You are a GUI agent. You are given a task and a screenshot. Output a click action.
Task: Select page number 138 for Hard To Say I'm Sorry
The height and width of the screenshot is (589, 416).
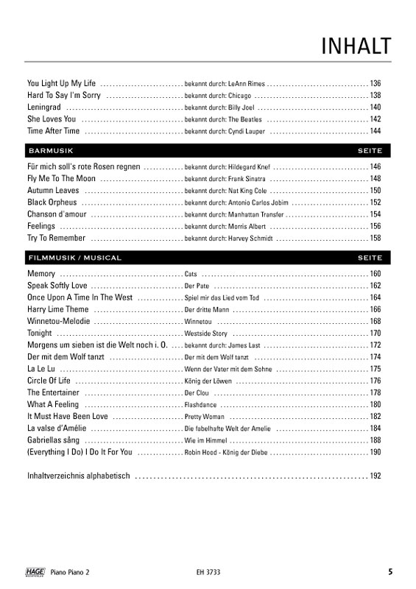coord(376,96)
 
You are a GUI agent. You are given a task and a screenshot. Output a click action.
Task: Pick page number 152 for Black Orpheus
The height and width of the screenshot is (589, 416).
coord(376,202)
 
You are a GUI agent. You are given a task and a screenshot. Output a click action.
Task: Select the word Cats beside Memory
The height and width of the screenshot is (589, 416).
coord(191,274)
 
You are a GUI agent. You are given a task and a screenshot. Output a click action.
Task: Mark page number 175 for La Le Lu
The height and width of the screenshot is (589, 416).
coord(376,369)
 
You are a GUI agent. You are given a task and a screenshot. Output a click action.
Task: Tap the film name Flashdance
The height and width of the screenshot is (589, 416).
coord(201,405)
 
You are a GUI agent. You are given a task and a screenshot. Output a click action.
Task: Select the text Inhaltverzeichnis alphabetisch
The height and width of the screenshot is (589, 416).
coord(78,476)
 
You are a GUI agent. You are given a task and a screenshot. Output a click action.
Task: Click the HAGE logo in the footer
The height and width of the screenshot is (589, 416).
coord(35,571)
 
